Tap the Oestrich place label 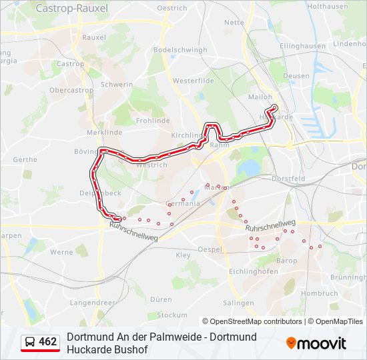coord(191,8)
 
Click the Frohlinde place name coord(153,121)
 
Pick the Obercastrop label coord(71,90)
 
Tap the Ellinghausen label coord(303,47)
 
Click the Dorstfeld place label coord(288,179)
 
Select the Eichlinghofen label coord(253,272)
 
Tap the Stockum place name coord(173,315)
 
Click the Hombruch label coord(320,293)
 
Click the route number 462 coord(48,342)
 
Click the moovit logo coord(316,343)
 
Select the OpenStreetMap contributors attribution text coord(252,321)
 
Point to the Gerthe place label coord(25,160)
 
